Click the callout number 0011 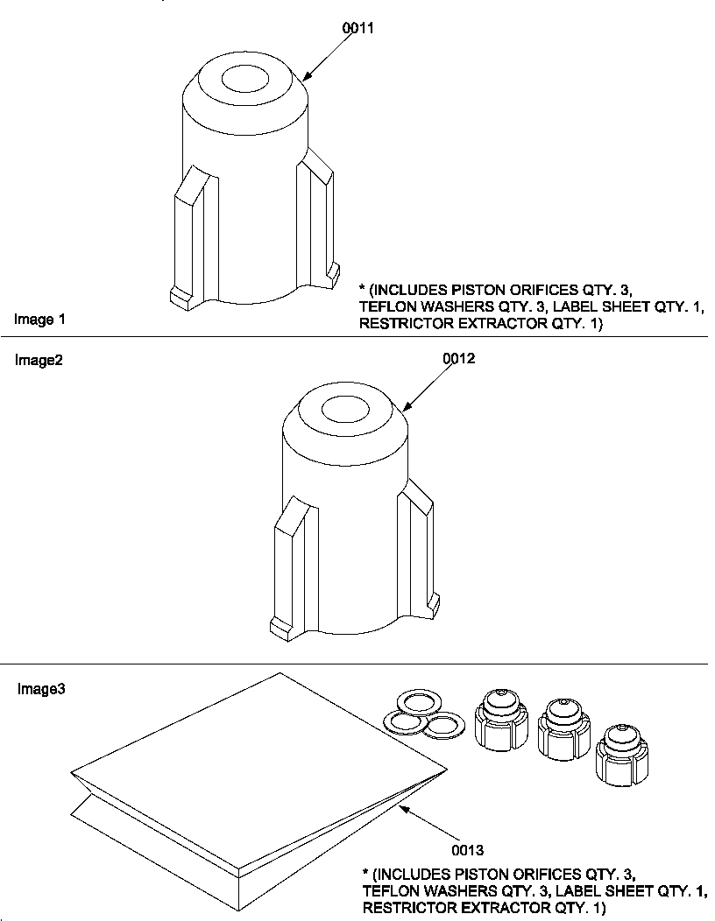[357, 28]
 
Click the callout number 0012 [458, 359]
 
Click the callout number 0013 [467, 849]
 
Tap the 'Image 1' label [39, 320]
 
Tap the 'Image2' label [38, 360]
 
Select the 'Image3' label [41, 689]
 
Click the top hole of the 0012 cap [348, 409]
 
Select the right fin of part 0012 [416, 547]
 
